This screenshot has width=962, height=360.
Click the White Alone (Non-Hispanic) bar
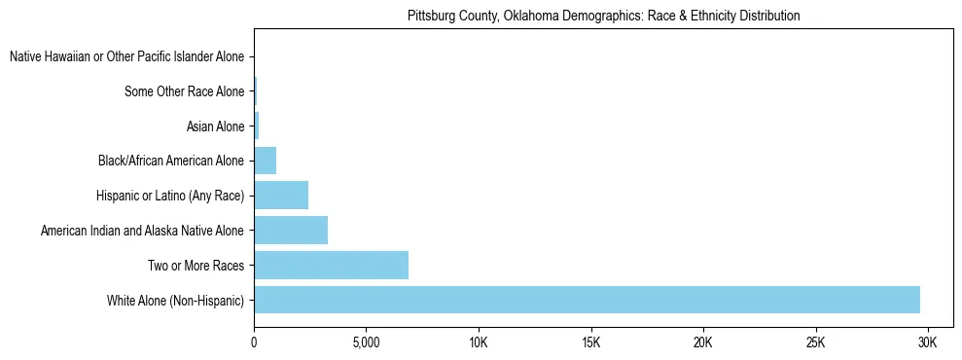[x=587, y=300]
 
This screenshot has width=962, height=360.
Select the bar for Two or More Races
[x=331, y=265]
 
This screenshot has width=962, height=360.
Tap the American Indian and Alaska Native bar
[x=291, y=231]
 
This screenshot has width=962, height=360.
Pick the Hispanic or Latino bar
[x=281, y=196]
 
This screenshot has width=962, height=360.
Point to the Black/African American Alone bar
[x=265, y=161]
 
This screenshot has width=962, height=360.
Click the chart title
[x=603, y=16]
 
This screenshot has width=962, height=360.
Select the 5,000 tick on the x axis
[x=366, y=342]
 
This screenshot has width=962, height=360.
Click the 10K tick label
[x=479, y=342]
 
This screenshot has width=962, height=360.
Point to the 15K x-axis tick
[x=590, y=342]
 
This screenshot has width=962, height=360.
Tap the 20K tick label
[x=702, y=342]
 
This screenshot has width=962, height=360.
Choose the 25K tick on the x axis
[x=815, y=342]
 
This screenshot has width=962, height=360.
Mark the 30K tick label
[x=927, y=342]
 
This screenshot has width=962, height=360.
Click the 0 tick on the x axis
[x=254, y=342]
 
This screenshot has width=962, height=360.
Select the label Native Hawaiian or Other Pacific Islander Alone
[x=126, y=57]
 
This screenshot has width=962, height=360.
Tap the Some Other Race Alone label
[x=185, y=92]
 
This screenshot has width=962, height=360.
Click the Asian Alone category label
[x=215, y=126]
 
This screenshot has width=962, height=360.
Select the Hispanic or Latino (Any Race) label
[x=170, y=197]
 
